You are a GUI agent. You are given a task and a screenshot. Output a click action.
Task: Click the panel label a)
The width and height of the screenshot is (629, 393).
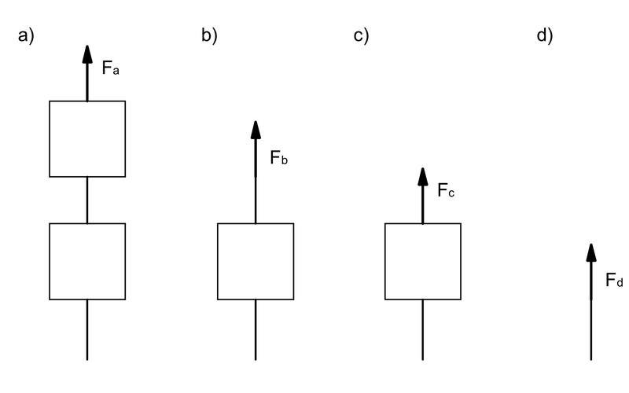click(x=26, y=36)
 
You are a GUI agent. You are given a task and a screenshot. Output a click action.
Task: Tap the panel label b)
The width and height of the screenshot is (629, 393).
click(x=209, y=36)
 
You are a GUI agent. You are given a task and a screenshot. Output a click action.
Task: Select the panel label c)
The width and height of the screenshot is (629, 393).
click(x=360, y=36)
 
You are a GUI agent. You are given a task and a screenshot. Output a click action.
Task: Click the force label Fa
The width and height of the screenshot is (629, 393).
click(x=111, y=68)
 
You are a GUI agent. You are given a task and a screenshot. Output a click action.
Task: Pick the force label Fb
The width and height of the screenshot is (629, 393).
click(x=279, y=159)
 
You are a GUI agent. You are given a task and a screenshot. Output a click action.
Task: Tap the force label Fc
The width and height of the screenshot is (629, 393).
click(x=446, y=191)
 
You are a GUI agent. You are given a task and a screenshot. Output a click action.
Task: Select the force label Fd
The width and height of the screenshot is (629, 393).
click(x=614, y=280)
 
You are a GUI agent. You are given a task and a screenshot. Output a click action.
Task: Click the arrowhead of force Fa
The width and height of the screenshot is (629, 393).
click(x=87, y=54)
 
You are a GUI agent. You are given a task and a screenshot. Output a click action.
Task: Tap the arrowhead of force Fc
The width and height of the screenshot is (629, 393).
click(x=423, y=178)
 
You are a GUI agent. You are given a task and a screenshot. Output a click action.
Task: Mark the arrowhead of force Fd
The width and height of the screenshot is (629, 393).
click(x=591, y=253)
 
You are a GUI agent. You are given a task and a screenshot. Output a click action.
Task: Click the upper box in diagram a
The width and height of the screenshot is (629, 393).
click(x=87, y=138)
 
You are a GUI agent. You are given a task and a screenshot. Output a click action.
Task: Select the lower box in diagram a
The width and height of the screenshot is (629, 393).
click(x=87, y=261)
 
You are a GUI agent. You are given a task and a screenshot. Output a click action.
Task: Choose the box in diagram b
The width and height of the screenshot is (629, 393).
click(x=256, y=261)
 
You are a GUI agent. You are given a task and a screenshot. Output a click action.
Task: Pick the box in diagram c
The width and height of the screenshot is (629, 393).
click(x=423, y=261)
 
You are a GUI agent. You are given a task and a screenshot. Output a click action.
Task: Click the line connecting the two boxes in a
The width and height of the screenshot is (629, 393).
click(x=87, y=200)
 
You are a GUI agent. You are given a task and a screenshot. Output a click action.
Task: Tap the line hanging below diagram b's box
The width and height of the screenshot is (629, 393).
click(x=256, y=330)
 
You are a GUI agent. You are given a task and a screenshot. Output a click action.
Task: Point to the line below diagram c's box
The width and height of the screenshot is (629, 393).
click(x=423, y=330)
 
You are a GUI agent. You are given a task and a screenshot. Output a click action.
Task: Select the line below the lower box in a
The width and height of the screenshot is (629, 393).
click(x=87, y=330)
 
